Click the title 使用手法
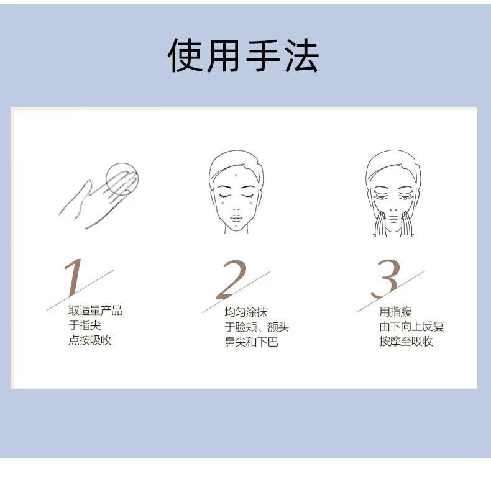(243, 56)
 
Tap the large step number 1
(73, 277)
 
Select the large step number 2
(232, 279)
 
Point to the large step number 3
(386, 279)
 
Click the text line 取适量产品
(95, 311)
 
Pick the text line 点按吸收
(90, 340)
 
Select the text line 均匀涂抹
(246, 312)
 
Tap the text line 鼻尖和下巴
(251, 342)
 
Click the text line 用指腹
(395, 311)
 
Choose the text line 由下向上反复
(411, 327)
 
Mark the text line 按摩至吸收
(406, 341)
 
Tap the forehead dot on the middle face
(236, 175)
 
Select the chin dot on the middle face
(236, 226)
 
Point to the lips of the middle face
(236, 217)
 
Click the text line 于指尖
(85, 325)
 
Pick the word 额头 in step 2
(278, 327)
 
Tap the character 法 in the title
(301, 56)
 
